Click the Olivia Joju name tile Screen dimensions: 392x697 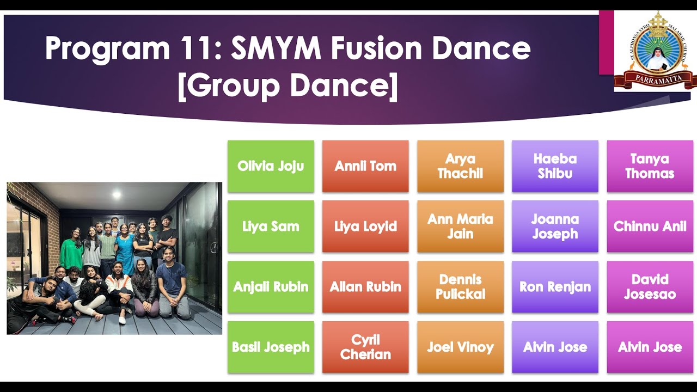click(271, 166)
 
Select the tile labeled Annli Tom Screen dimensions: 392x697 click(365, 166)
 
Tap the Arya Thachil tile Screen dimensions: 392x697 click(460, 166)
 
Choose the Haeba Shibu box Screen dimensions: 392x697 click(555, 166)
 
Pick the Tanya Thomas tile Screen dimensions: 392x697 click(650, 166)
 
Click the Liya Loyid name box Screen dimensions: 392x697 click(365, 226)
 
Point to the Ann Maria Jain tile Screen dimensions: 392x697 click(460, 226)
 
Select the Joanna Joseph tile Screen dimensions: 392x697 click(555, 226)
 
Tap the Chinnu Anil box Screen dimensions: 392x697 click(650, 226)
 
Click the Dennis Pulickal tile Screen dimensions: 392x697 click(460, 287)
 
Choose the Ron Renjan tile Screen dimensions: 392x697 click(555, 287)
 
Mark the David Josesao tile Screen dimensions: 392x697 click(650, 287)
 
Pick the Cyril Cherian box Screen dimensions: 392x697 click(365, 347)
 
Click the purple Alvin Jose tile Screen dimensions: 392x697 click(555, 347)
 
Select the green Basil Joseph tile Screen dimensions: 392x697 click(271, 347)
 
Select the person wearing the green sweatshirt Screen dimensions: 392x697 click(71, 252)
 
